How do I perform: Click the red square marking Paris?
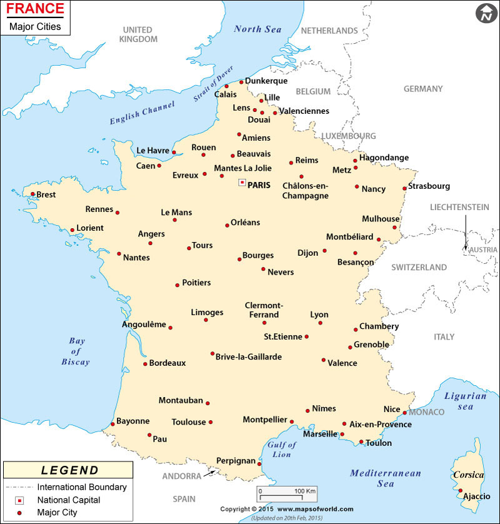[242, 183]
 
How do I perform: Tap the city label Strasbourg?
[429, 186]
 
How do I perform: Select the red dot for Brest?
[32, 194]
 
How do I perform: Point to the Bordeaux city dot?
[145, 363]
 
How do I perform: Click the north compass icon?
[485, 13]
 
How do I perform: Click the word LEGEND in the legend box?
[69, 470]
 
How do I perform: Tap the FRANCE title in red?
[35, 9]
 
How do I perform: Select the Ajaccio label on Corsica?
[475, 496]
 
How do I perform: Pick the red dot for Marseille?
[342, 434]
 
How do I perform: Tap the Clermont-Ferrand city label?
[264, 310]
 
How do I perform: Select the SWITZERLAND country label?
[419, 268]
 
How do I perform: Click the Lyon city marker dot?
[321, 323]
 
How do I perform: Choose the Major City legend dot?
[20, 513]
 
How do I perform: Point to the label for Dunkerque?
[266, 81]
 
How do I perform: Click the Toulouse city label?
[189, 422]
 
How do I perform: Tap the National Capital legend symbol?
[20, 500]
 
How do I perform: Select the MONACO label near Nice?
[427, 412]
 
